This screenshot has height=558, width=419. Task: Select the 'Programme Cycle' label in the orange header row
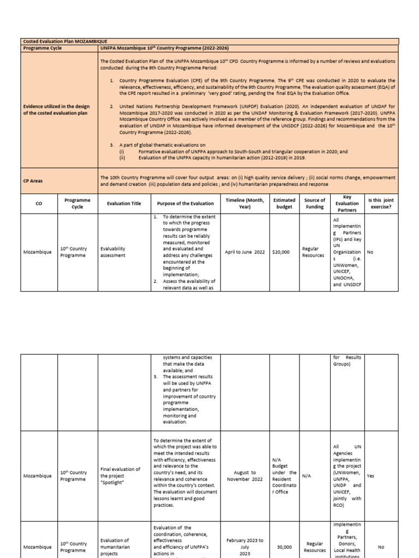click(42, 48)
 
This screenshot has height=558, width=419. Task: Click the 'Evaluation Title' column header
click(123, 203)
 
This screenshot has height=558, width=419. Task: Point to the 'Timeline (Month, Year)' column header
click(245, 203)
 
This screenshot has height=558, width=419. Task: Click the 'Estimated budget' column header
click(284, 203)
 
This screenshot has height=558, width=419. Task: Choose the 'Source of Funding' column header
click(314, 203)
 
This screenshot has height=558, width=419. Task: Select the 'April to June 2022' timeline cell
click(245, 252)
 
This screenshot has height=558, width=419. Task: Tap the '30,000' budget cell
click(284, 547)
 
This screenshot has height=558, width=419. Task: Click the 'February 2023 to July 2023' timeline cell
click(245, 547)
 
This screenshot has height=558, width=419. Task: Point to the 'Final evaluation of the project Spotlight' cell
click(121, 476)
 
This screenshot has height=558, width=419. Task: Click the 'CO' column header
click(38, 203)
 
